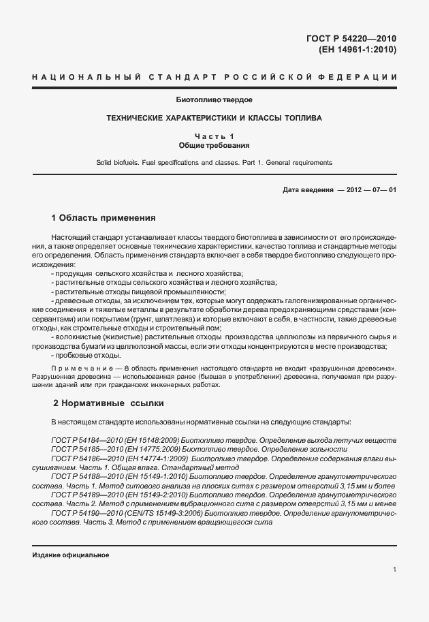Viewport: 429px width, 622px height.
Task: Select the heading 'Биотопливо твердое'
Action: point(214,100)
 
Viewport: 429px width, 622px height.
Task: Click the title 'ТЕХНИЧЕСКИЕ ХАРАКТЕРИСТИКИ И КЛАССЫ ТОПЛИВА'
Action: point(214,118)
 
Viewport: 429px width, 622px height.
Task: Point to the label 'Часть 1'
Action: point(214,136)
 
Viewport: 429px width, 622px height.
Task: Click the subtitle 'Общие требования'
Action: point(214,145)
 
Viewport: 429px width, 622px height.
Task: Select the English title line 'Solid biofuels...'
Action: point(214,163)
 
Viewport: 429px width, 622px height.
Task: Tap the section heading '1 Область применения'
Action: point(104,218)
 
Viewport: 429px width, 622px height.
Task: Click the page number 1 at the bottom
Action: point(394,570)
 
